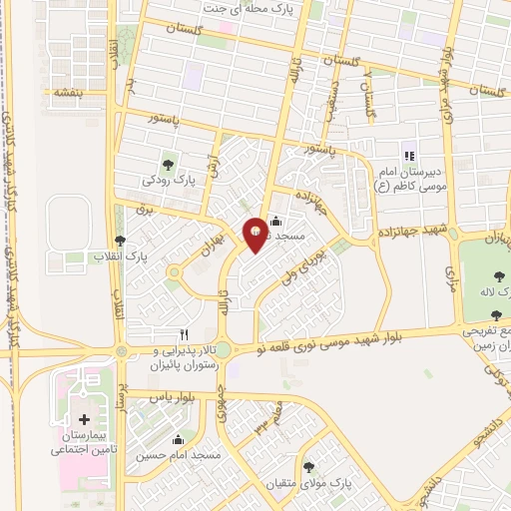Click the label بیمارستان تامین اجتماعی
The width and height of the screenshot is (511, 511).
(84, 444)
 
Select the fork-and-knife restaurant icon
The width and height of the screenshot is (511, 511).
(183, 334)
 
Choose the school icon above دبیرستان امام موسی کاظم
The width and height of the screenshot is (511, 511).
(407, 155)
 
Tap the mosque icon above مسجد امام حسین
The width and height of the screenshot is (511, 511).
(179, 439)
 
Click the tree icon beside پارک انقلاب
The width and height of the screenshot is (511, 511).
(121, 241)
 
